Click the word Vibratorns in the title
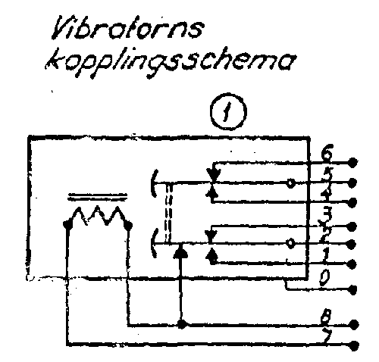[127, 27]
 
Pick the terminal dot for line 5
[352, 182]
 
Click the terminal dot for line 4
[352, 202]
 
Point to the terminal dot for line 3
[352, 227]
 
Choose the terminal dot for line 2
[352, 245]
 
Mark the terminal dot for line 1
[352, 264]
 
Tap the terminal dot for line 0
[352, 289]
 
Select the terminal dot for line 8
[353, 324]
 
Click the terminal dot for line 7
[353, 345]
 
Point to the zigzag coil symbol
[98, 217]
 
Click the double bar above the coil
[98, 197]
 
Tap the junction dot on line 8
[182, 324]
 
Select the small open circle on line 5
[290, 183]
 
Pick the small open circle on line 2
[290, 243]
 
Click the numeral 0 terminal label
[324, 279]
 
